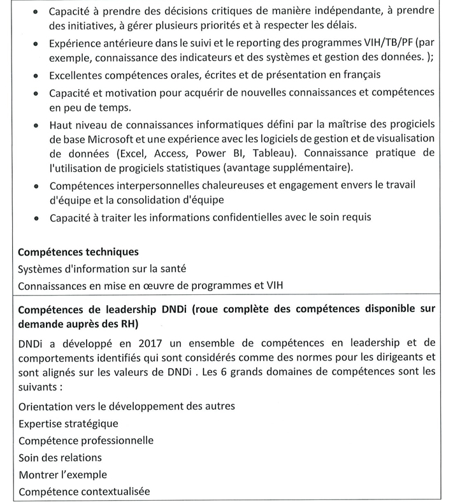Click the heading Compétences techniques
point(78,252)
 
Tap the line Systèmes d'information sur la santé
point(97,269)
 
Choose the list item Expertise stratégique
point(68,423)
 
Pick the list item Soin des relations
point(60,457)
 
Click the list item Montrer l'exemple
point(62,475)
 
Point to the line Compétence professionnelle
point(86,440)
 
